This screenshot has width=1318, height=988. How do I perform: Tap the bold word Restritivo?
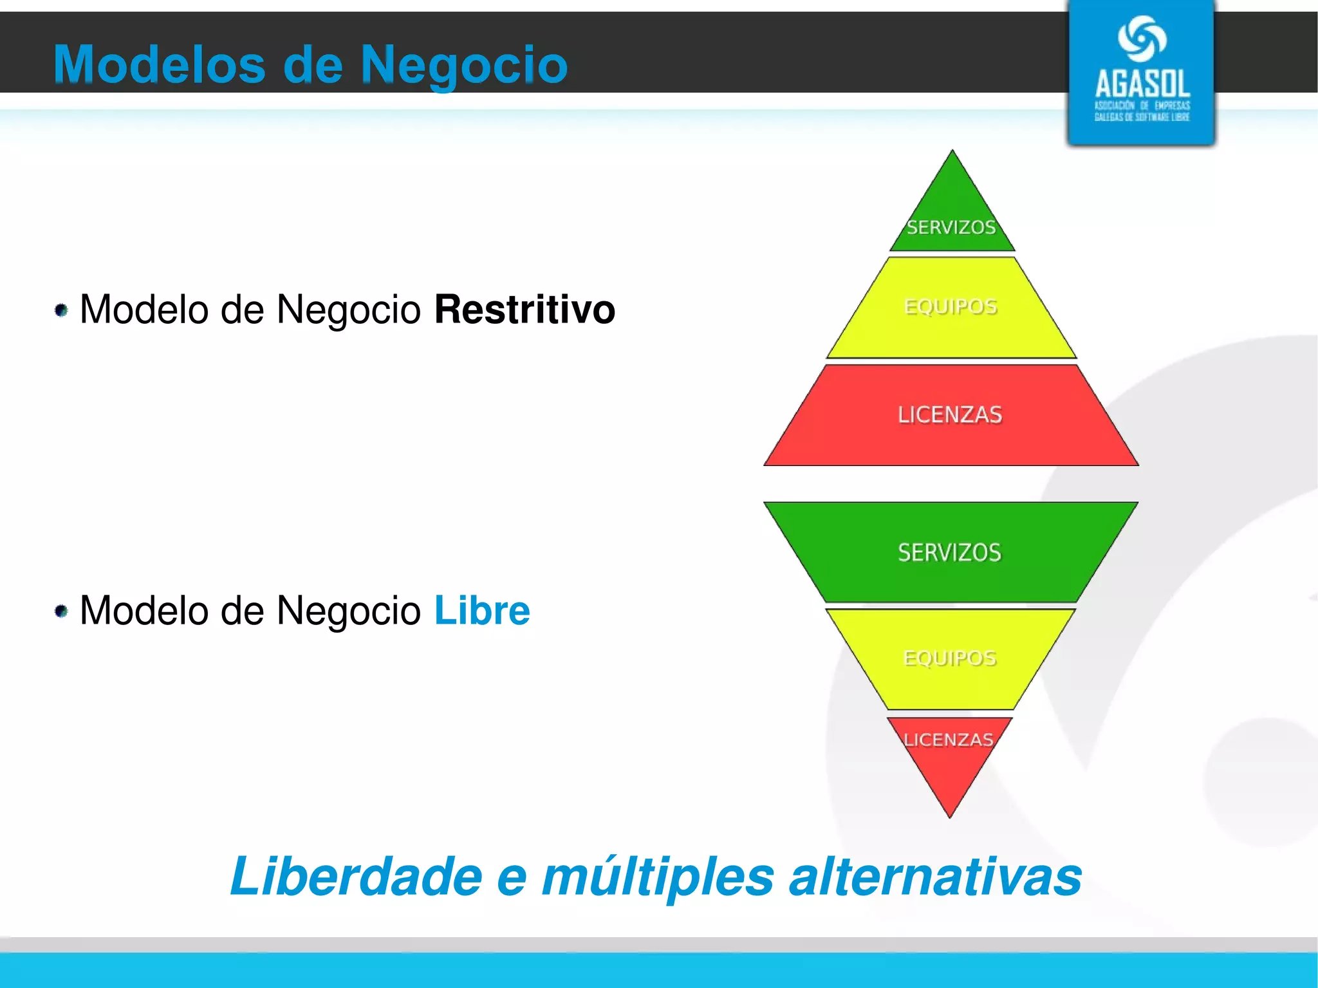click(524, 310)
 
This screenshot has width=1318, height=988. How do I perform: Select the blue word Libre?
click(482, 610)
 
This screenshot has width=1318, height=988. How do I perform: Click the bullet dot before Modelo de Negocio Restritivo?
click(61, 311)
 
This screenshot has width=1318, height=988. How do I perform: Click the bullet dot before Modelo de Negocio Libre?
click(61, 611)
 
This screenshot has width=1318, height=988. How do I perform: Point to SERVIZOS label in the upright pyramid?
click(951, 227)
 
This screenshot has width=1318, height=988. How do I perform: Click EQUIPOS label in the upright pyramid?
click(951, 306)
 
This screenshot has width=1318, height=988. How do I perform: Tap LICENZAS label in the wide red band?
click(950, 415)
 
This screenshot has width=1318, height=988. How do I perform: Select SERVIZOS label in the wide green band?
click(949, 552)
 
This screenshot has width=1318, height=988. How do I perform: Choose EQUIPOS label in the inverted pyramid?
click(949, 658)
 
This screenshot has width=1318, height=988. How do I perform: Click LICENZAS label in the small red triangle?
click(949, 740)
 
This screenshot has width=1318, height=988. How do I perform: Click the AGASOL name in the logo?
click(1142, 84)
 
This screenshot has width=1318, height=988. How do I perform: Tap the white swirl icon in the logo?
click(1142, 38)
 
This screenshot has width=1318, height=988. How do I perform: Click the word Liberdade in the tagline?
click(356, 877)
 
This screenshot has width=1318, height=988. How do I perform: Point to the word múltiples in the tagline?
click(658, 877)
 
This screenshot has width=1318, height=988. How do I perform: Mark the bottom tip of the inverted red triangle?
click(949, 816)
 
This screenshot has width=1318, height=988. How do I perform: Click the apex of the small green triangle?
click(952, 153)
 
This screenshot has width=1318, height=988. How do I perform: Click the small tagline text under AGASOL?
click(1142, 111)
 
